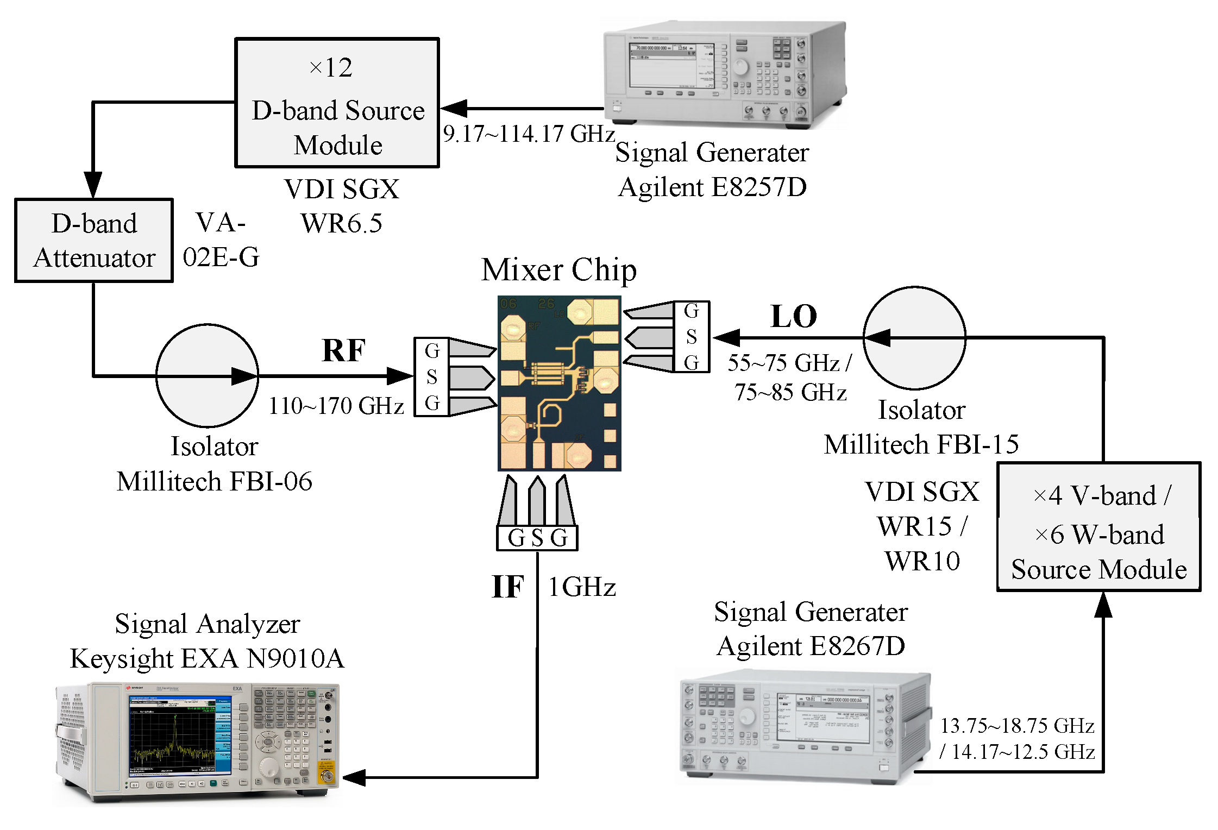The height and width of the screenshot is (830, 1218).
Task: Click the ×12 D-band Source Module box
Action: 337,103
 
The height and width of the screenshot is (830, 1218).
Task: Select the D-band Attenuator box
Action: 94,241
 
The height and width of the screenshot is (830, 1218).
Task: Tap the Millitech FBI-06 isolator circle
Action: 207,375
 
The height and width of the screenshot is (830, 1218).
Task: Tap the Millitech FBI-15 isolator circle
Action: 914,338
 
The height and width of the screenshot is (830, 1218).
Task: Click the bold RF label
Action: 343,350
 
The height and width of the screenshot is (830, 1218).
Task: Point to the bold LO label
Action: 794,317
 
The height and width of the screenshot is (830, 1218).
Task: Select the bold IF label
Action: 508,587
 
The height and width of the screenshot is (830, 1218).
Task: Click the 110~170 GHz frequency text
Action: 336,406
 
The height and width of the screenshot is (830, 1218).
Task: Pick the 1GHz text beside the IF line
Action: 582,587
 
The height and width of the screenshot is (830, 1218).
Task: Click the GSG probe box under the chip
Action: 537,538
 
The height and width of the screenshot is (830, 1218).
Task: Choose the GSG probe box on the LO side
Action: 691,337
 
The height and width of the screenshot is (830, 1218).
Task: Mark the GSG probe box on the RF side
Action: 432,377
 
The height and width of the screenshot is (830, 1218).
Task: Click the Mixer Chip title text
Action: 558,270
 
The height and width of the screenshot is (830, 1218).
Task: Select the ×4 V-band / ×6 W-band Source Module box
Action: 1098,527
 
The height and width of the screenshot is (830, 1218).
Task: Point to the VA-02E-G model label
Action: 221,240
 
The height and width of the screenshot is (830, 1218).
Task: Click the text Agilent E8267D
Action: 811,646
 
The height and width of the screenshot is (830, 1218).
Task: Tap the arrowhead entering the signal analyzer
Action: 354,777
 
